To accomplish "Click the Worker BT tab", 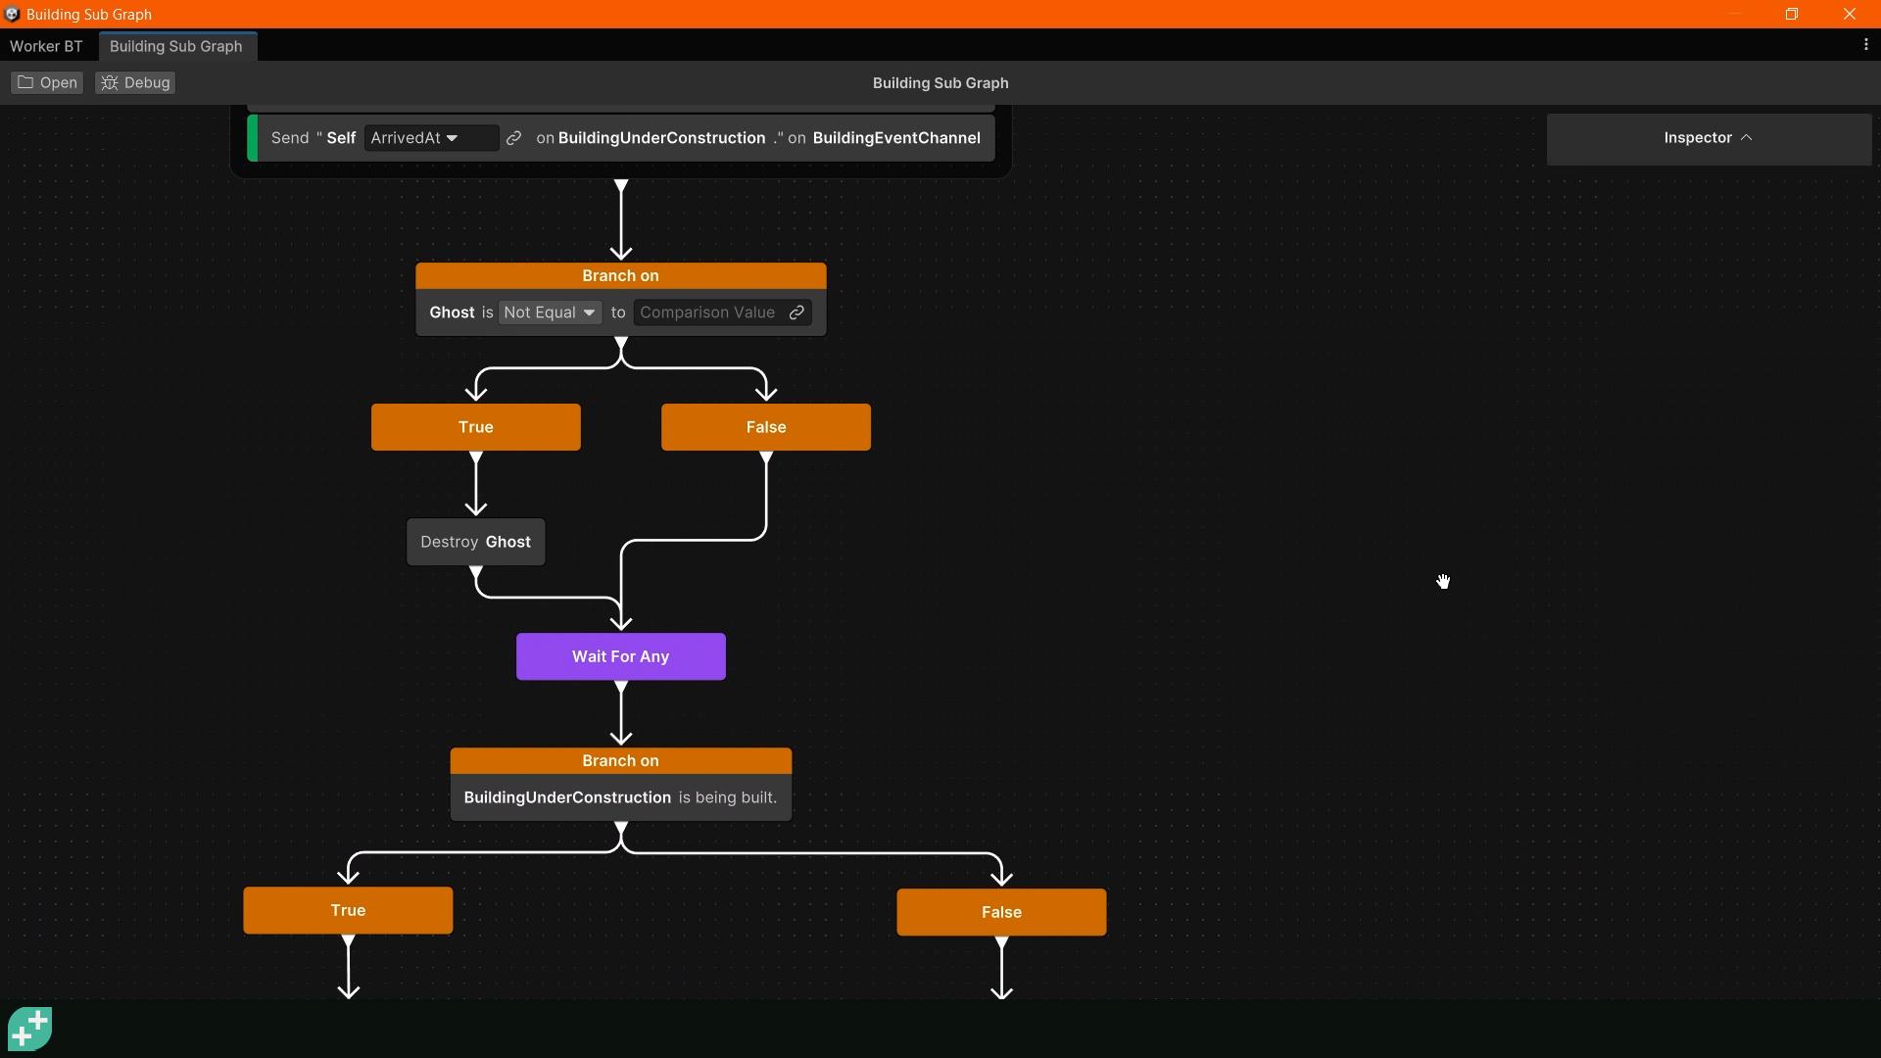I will click(46, 46).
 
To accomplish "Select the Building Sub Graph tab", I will click(176, 46).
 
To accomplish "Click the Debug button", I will click(136, 82).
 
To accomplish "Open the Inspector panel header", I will click(1708, 138).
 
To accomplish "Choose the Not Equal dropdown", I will click(549, 313).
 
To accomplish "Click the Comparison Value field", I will click(707, 313).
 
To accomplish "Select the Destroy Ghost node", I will click(475, 542).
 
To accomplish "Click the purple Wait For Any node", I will click(620, 656).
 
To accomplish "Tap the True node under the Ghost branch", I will click(475, 427).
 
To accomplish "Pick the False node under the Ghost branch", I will click(765, 427).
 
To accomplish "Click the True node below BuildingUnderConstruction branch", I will click(348, 910).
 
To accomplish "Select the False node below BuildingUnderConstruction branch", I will click(1001, 912).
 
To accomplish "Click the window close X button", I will click(1849, 14).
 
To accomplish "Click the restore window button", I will click(1791, 14).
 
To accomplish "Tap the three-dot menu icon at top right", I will click(1865, 45).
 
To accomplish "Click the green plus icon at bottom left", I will click(29, 1029).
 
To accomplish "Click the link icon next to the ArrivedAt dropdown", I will click(513, 138).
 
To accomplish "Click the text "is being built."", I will click(727, 797).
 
